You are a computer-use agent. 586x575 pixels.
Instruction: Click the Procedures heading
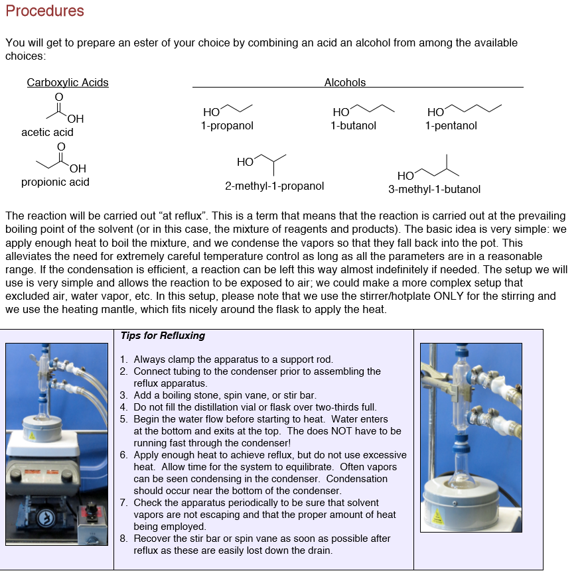(44, 11)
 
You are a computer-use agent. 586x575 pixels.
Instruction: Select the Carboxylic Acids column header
(68, 83)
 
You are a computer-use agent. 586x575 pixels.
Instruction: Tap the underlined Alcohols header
(344, 83)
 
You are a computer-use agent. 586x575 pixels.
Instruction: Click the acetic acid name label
(47, 133)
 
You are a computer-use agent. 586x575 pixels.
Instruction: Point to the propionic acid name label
(55, 182)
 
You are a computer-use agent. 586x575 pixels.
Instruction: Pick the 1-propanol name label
(227, 126)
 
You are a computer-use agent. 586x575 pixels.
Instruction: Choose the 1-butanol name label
(353, 126)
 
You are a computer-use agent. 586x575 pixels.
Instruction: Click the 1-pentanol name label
(451, 126)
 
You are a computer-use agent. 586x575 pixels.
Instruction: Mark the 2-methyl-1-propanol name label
(274, 186)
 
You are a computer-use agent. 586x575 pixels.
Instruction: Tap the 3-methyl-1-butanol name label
(434, 190)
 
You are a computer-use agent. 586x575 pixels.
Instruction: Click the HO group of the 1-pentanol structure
(436, 113)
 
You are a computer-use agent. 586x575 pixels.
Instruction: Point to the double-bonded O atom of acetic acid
(58, 97)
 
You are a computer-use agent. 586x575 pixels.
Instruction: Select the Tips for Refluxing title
(163, 336)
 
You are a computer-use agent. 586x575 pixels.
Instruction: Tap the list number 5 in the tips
(124, 419)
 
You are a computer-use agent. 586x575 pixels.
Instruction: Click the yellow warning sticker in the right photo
(438, 516)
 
